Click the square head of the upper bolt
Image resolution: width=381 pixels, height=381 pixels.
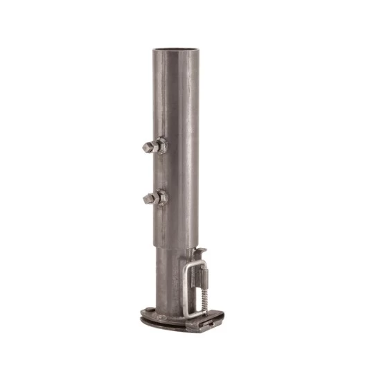click(x=148, y=148)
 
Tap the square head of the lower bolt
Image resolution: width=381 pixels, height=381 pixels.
click(x=148, y=200)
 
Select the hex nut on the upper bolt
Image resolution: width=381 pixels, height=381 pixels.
click(x=160, y=146)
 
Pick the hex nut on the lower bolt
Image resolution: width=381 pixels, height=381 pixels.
click(x=160, y=198)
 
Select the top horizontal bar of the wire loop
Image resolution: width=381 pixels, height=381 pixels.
click(x=200, y=262)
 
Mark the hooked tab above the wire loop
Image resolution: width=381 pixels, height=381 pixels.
click(x=203, y=247)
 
